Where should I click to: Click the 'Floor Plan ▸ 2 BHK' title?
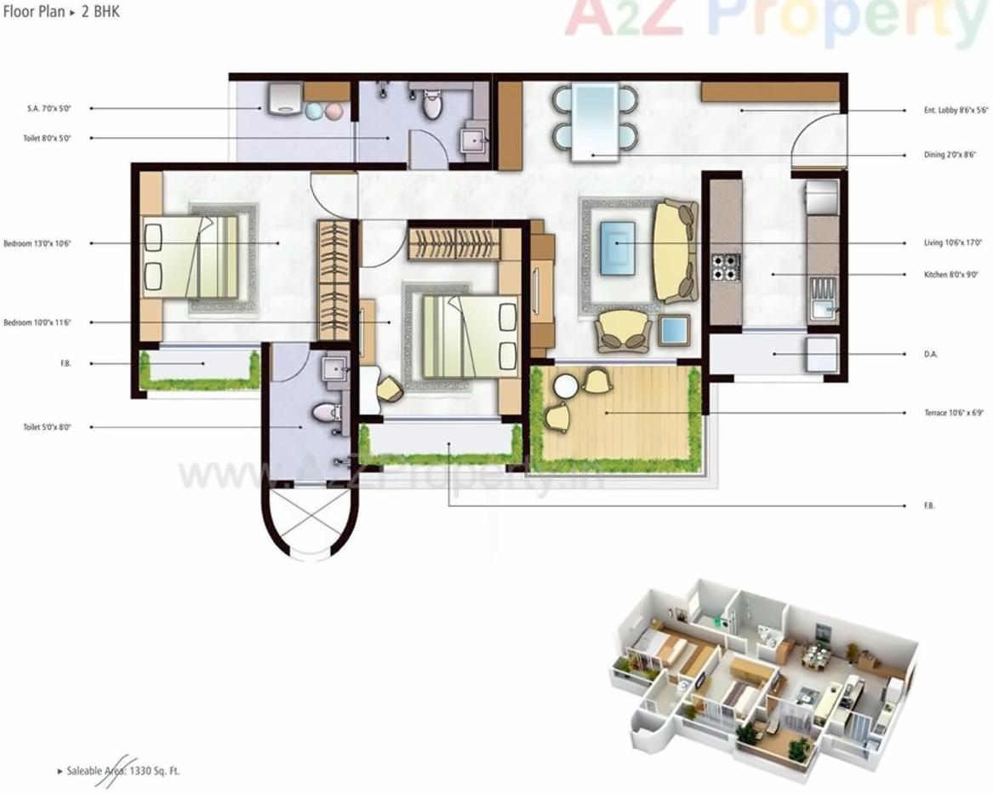60,13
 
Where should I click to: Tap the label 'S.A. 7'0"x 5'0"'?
48,109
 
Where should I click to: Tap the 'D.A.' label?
931,353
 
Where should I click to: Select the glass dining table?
594,122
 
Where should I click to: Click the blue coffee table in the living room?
617,248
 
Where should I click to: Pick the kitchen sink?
823,298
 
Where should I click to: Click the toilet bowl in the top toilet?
432,106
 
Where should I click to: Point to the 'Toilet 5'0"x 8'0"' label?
47,427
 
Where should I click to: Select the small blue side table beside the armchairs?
674,330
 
